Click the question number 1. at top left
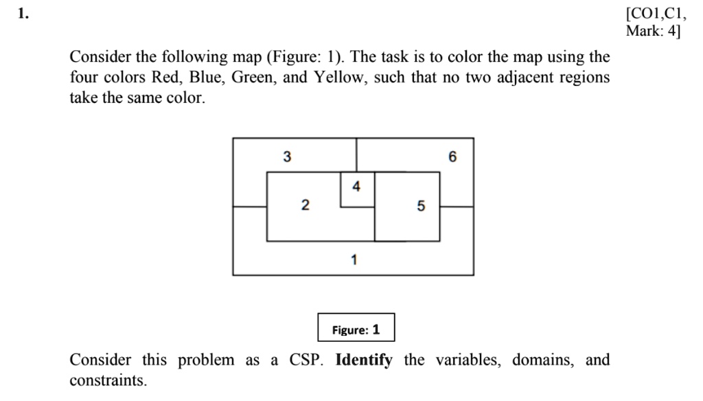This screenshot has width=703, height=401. [24, 13]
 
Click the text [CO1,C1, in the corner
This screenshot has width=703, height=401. [656, 14]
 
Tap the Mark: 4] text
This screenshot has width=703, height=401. [653, 32]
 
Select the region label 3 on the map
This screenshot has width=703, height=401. [287, 157]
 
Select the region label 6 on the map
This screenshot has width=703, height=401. [452, 157]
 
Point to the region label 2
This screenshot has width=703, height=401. [305, 205]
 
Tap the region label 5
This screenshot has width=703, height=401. [420, 205]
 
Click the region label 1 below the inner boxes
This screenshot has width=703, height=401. [354, 260]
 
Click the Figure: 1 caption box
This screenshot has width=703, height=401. [356, 328]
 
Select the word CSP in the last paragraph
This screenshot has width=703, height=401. [305, 360]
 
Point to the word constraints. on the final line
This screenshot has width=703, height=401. [108, 380]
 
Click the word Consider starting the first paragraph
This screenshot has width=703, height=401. [97, 56]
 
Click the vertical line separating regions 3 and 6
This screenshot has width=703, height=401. [356, 154]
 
